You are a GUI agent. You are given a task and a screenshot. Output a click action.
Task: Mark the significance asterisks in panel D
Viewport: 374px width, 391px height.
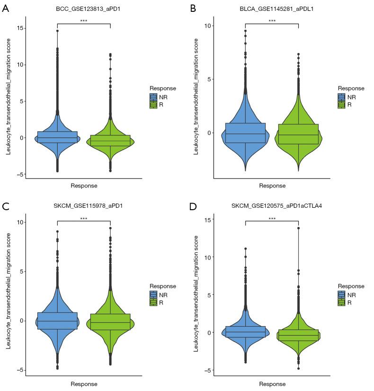point(272,218)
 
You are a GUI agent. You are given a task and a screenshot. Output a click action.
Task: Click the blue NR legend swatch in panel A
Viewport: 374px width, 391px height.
point(153,97)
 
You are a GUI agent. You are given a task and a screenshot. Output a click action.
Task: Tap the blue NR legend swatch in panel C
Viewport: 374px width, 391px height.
point(153,294)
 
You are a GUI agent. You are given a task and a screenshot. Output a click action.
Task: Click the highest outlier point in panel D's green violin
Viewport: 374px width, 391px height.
point(298,228)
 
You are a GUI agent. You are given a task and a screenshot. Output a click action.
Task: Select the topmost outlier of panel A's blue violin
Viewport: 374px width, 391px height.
point(57,31)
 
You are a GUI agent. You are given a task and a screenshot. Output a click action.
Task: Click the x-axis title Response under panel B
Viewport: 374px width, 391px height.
point(272,186)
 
